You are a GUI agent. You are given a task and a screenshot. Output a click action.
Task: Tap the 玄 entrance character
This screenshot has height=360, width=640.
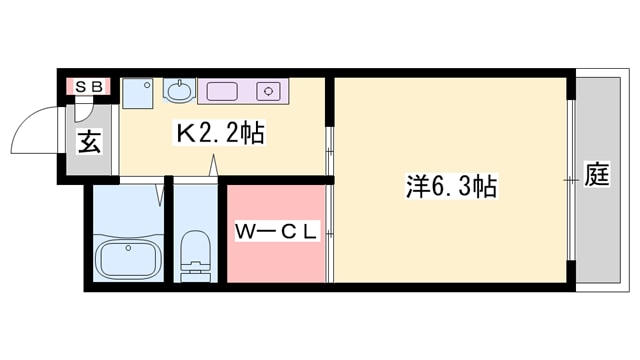89,142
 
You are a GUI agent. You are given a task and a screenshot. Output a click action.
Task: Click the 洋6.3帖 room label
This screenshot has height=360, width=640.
451,186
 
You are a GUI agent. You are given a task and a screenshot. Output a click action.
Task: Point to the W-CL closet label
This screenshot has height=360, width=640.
276,233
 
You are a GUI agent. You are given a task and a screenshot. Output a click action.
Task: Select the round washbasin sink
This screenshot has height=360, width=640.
179,92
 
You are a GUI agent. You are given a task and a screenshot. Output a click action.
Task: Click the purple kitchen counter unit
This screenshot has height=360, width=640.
241,91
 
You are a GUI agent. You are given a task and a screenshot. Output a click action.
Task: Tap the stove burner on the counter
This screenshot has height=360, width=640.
268,91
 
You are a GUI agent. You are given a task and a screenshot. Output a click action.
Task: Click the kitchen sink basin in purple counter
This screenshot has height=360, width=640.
222,91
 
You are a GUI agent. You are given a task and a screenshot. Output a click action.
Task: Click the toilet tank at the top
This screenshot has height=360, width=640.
195,240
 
